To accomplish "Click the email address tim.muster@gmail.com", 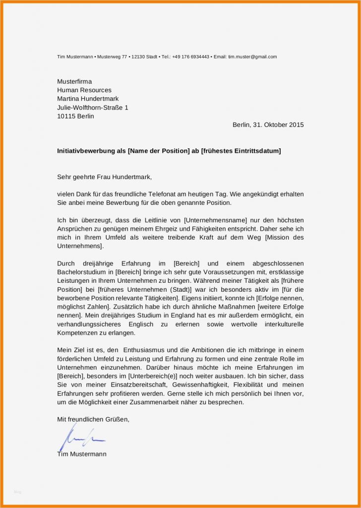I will tap(252, 57).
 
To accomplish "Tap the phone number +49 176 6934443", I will tap(190, 57).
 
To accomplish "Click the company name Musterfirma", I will tap(74, 81).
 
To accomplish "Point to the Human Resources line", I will tap(84, 90).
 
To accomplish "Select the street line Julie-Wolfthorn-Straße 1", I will tap(93, 108).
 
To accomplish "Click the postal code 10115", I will tap(66, 117).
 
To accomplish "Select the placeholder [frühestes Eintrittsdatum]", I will tap(241, 151).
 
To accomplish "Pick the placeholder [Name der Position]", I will tap(159, 151).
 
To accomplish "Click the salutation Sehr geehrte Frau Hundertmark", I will tap(105, 177).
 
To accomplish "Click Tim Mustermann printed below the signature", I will tap(82, 454).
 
